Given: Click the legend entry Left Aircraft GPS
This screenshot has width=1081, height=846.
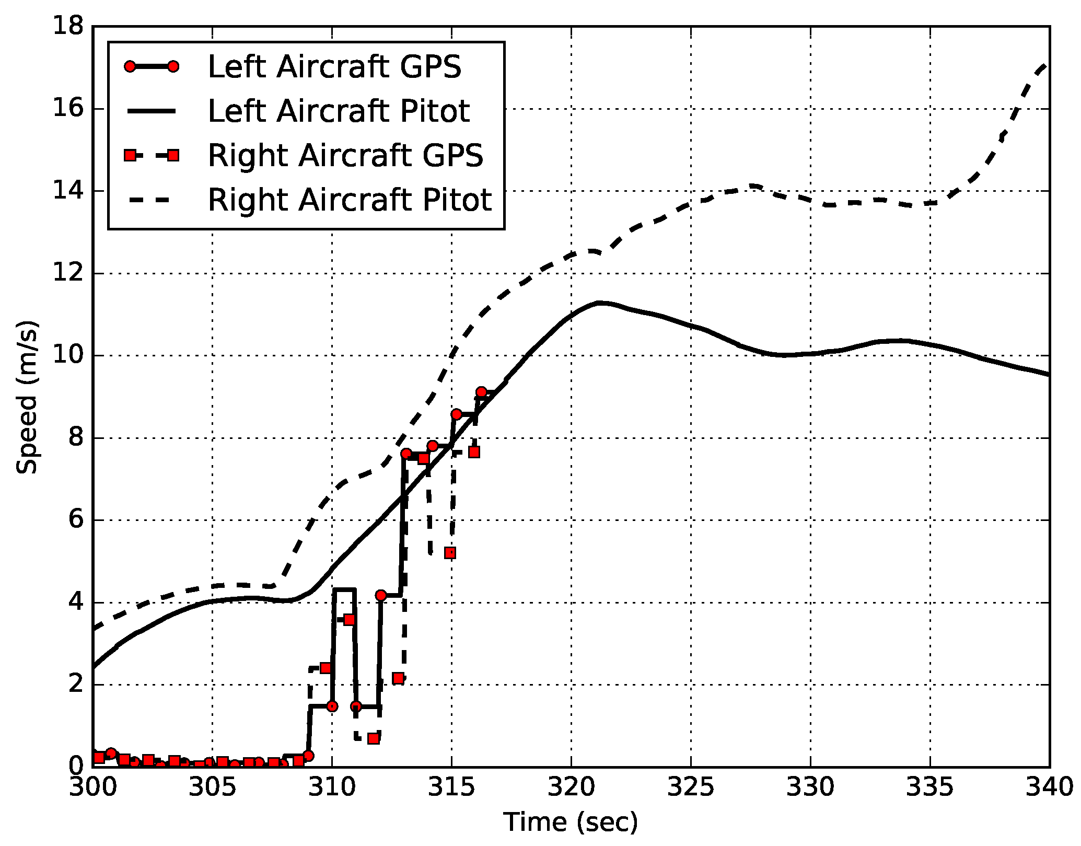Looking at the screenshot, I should [x=334, y=67].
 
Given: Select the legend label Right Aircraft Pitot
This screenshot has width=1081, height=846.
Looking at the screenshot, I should [x=350, y=200].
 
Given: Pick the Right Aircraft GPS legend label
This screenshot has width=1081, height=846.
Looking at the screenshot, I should [x=345, y=155].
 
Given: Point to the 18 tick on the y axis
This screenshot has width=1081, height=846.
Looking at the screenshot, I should [x=68, y=26].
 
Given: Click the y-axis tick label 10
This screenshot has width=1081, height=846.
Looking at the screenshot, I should [x=68, y=355].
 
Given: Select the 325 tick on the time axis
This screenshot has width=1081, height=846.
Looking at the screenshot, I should [x=690, y=787].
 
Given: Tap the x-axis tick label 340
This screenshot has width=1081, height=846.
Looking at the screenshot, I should [x=1049, y=787].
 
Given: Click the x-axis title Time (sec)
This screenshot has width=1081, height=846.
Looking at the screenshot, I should [x=571, y=822].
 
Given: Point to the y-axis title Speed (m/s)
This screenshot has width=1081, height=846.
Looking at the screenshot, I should [x=27, y=397].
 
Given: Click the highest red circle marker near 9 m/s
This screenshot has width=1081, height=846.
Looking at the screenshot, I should [x=481, y=392].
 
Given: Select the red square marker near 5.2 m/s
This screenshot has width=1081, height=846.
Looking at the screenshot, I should [x=450, y=553].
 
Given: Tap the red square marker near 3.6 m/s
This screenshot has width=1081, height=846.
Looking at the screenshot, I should [x=349, y=620].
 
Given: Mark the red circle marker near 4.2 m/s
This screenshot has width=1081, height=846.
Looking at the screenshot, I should [x=381, y=595].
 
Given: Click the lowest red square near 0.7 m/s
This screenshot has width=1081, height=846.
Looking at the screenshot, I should [x=373, y=738].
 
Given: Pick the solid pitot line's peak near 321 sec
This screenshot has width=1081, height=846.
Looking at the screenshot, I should [x=600, y=303].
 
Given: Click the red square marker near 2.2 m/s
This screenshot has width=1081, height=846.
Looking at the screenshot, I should [x=398, y=678].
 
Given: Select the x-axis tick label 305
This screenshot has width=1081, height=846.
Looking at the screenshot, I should [x=212, y=787].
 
